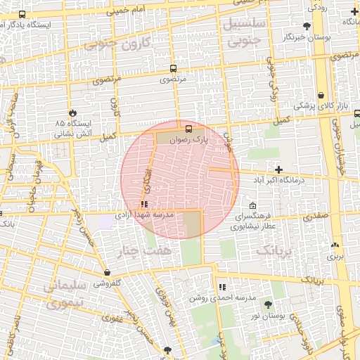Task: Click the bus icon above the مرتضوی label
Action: [x=173, y=69]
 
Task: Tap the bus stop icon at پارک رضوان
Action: [x=188, y=129]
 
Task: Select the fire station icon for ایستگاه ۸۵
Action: [x=72, y=112]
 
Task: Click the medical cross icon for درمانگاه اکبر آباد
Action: [x=279, y=169]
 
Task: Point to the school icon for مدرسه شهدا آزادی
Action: [x=144, y=205]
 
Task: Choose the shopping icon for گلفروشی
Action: [x=107, y=273]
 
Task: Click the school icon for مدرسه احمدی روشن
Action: [x=222, y=287]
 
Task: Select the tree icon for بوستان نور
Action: [x=267, y=304]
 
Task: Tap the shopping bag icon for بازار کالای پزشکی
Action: [x=321, y=95]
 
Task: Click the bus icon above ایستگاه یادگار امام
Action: [x=22, y=15]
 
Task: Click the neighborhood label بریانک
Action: [x=273, y=250]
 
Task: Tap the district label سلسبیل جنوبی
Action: [x=243, y=32]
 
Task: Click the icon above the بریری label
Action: [x=335, y=246]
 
